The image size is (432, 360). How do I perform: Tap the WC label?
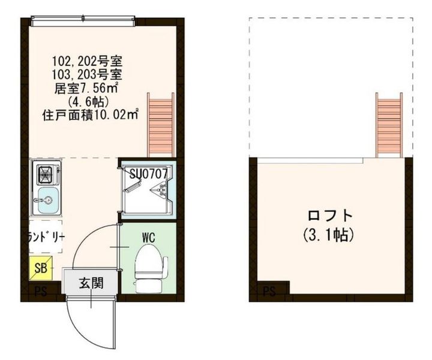pyautogui.click(x=148, y=236)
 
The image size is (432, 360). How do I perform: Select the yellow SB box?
pyautogui.click(x=41, y=268)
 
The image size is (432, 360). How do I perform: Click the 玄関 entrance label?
pyautogui.click(x=92, y=282)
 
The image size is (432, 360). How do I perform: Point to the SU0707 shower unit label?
pyautogui.click(x=152, y=173)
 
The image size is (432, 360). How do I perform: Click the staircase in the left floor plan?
pyautogui.click(x=161, y=125)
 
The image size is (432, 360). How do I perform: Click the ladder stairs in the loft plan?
pyautogui.click(x=389, y=125)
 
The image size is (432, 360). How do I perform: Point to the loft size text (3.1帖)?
pyautogui.click(x=329, y=234)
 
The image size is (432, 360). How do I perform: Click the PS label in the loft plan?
pyautogui.click(x=270, y=293)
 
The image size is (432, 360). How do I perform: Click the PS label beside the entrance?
pyautogui.click(x=41, y=293)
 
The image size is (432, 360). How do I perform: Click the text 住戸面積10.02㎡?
pyautogui.click(x=91, y=115)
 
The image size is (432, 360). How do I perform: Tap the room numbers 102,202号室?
pyautogui.click(x=88, y=62)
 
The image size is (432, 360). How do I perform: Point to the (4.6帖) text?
pyautogui.click(x=88, y=101)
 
